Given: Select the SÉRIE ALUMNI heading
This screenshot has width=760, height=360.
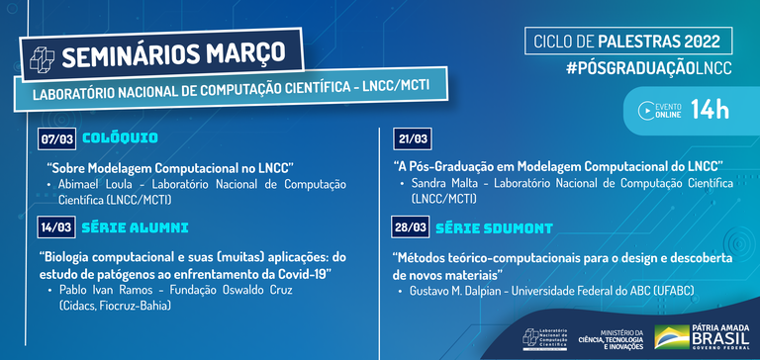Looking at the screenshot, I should coord(135,228).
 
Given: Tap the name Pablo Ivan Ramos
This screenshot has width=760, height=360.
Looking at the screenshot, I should coord(102,291).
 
